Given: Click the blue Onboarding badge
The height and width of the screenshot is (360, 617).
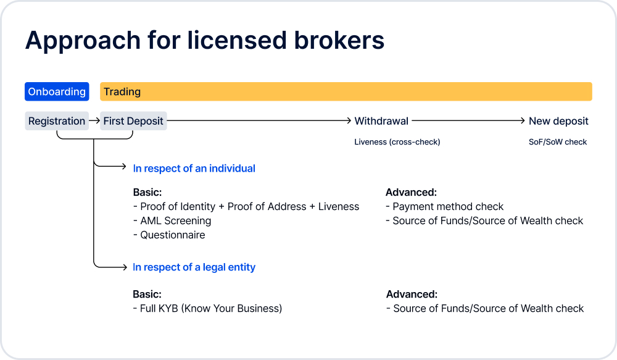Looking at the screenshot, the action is coord(57,91).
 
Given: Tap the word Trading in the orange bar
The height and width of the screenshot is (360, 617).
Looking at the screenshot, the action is coord(122,92).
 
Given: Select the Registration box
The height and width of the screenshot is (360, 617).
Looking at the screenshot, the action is coord(57,121).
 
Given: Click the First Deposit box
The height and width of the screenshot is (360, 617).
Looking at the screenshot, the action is coord(133,121).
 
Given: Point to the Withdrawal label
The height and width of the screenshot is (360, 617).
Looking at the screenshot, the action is coord(381,121).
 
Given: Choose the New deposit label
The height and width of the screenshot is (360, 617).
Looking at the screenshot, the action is coord(558,121).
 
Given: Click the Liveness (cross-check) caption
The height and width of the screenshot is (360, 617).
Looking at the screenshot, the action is coord(397,142).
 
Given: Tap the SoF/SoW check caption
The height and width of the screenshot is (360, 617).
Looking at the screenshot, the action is coord(558,142).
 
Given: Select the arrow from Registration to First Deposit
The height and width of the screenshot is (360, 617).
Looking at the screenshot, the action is coord(94,120).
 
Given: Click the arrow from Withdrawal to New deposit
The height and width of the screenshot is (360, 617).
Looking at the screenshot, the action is coord(468,120).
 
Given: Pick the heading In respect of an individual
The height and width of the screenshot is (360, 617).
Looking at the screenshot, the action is coord(194,169).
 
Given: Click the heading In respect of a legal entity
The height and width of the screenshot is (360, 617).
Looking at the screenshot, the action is coord(194,267).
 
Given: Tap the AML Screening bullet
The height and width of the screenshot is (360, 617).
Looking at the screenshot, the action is coord(172,220).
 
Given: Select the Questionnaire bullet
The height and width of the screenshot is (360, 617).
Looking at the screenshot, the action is coord(169,235).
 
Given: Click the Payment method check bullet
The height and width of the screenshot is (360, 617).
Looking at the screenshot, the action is coord(445,206).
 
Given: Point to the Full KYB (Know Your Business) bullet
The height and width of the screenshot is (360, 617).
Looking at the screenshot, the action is coord(207,308).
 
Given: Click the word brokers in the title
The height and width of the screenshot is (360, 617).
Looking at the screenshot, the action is coord(339,40).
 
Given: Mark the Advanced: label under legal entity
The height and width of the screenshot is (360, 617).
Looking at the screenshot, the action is coord(412,294).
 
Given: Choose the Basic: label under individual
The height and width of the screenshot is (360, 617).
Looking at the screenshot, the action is coord(147,192).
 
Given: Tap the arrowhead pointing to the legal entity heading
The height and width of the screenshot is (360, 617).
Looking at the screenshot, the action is coord(125,267).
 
